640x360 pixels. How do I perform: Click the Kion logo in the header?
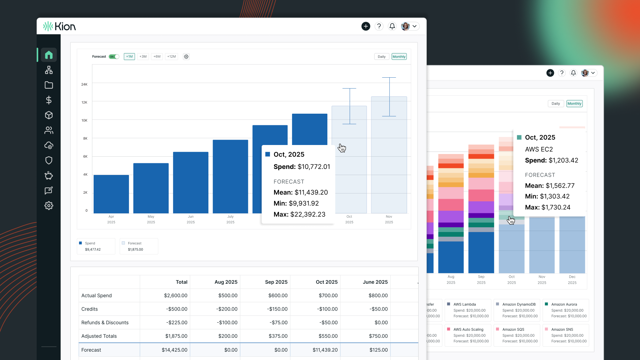point(60,26)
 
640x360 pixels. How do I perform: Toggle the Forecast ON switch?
point(114,57)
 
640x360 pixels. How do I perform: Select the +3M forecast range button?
point(143,57)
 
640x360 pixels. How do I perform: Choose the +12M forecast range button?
point(172,57)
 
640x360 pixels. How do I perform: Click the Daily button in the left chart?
point(382,57)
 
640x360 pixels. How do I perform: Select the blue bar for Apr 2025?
point(111,194)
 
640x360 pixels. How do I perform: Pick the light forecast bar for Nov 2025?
point(389,167)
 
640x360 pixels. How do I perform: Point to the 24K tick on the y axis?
point(84,84)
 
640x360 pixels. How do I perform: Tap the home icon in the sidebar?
point(49,55)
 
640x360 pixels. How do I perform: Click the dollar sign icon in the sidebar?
point(49,100)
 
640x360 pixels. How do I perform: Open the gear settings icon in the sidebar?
point(49,206)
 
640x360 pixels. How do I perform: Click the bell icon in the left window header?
point(392,26)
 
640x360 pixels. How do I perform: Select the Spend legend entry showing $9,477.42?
point(96,246)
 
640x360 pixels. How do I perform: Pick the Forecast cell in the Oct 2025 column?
point(325,350)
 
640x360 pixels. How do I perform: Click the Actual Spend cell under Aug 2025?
point(228,296)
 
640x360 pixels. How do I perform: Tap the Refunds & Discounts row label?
point(105,323)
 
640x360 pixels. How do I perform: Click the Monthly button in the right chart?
point(574,104)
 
